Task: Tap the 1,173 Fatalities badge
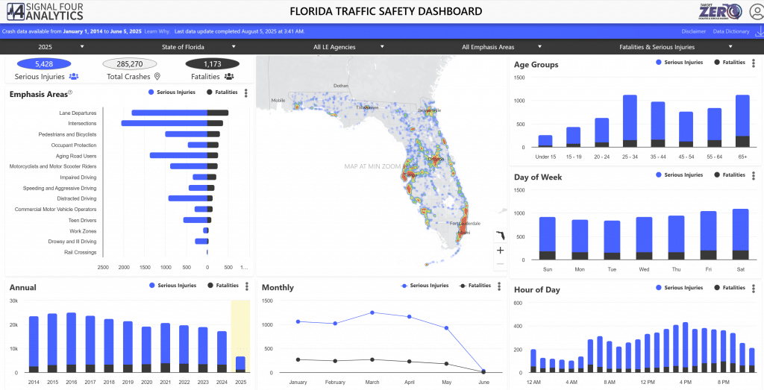point(212,64)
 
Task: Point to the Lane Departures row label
point(78,113)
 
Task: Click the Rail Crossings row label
point(80,252)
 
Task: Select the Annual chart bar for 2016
point(71,342)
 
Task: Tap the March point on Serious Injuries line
point(372,312)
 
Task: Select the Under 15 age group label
point(545,157)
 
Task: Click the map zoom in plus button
point(500,251)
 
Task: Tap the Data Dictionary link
point(731,31)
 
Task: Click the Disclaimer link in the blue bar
point(693,31)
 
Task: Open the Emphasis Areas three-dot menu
point(246,93)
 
